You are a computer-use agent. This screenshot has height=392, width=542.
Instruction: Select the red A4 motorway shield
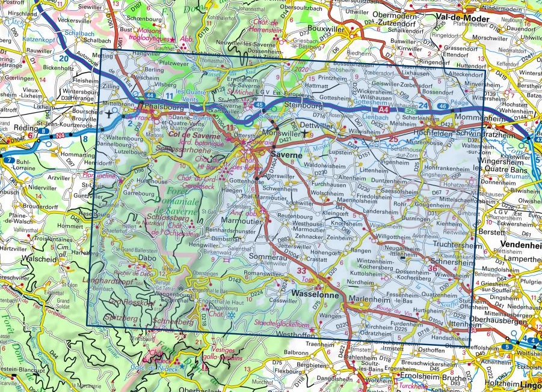tap(387, 112)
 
